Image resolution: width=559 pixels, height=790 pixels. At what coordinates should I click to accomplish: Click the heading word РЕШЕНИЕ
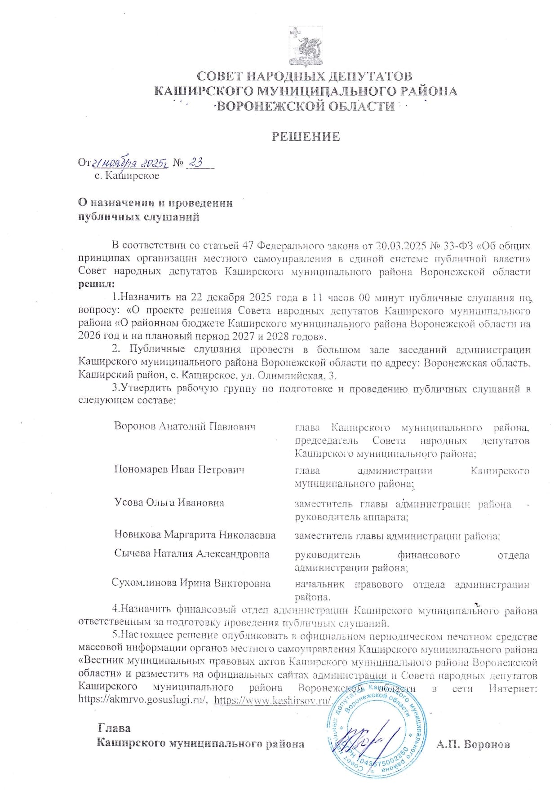(x=306, y=137)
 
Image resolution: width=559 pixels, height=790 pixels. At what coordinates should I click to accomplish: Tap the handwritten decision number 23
(x=196, y=162)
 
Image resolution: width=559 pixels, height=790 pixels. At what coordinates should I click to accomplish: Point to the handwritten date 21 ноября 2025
(x=130, y=163)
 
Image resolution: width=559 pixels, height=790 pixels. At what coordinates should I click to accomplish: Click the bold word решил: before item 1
(x=96, y=284)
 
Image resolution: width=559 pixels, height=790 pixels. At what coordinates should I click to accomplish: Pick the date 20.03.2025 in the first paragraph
(x=400, y=246)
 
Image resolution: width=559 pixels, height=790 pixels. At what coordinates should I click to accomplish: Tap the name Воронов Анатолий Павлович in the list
(x=185, y=426)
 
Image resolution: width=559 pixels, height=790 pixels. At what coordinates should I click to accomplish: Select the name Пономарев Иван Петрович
(x=179, y=470)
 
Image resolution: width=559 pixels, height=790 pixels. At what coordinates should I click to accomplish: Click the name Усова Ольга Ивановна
(x=169, y=503)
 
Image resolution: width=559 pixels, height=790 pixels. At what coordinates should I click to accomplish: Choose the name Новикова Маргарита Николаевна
(x=195, y=534)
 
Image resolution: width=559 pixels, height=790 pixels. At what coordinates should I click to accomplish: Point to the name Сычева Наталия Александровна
(x=191, y=554)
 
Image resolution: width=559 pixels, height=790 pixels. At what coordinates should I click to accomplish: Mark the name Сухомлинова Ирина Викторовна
(x=191, y=583)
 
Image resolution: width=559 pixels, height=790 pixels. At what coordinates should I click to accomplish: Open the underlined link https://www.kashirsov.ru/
(x=272, y=700)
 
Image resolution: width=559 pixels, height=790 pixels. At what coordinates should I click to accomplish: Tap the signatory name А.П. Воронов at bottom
(x=473, y=744)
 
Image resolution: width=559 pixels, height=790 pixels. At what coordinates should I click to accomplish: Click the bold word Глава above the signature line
(x=114, y=728)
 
